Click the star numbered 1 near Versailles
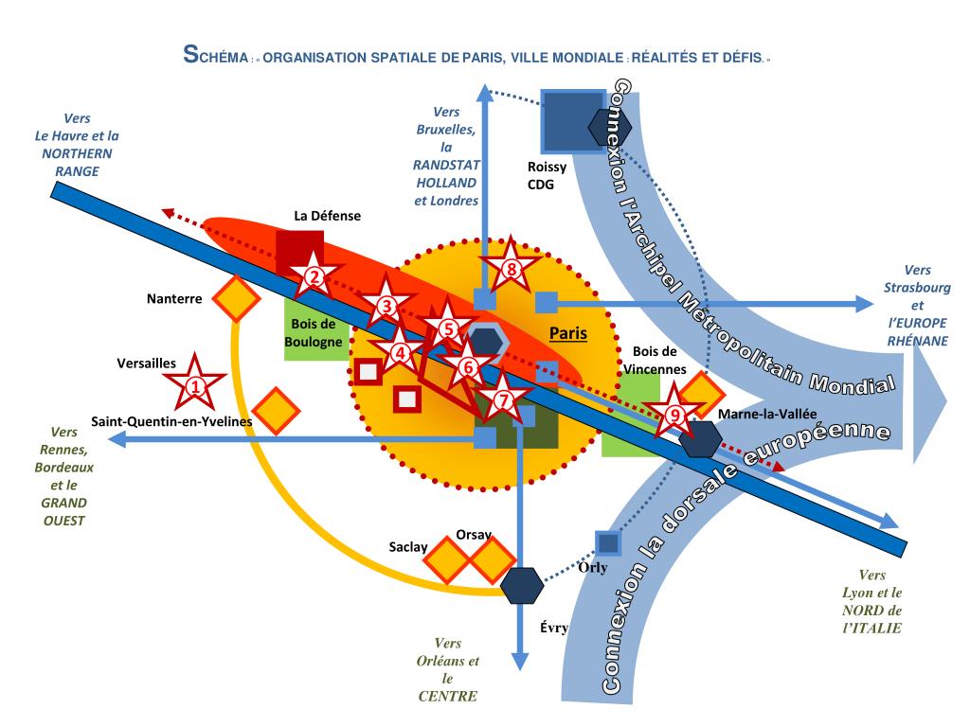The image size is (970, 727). coord(195,384)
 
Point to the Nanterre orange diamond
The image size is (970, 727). coord(235,299)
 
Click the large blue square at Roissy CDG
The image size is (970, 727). coord(571,121)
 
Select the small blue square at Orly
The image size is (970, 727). coord(606,544)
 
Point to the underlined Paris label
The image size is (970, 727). coord(568,333)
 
